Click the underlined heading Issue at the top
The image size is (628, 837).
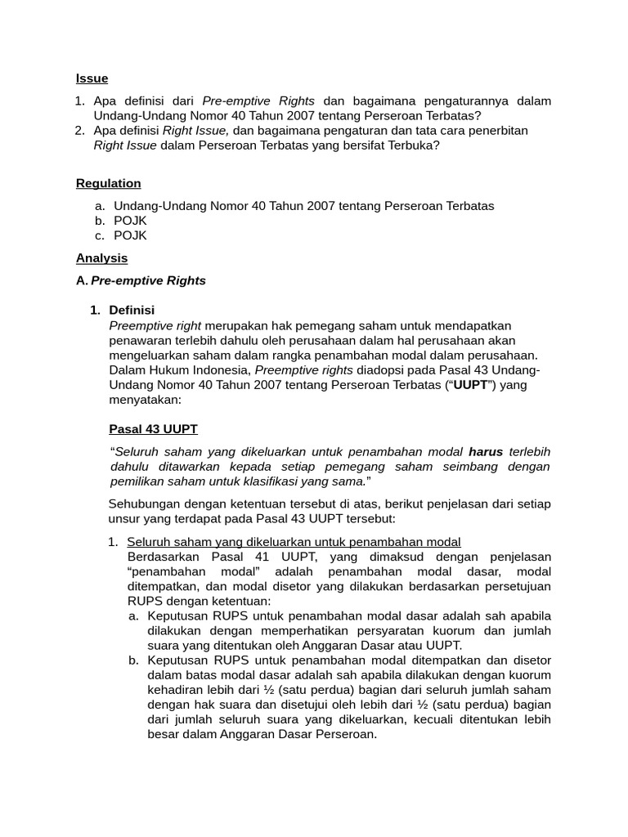click(92, 78)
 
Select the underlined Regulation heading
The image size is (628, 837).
click(108, 183)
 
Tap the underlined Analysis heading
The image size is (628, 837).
click(101, 258)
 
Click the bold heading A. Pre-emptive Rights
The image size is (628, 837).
click(141, 280)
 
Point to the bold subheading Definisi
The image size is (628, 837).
click(132, 311)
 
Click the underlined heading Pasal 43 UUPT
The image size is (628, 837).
click(153, 429)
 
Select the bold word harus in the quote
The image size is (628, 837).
click(486, 452)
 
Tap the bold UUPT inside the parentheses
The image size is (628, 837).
click(470, 385)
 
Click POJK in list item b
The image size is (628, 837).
click(130, 221)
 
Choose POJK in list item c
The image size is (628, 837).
click(130, 235)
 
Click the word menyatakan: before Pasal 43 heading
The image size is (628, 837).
click(145, 401)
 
